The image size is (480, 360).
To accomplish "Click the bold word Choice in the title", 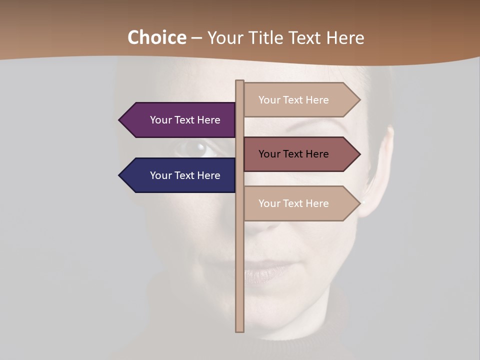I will (156, 37).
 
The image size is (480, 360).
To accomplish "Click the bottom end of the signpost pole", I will (239, 329).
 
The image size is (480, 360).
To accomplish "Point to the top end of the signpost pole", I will (239, 82).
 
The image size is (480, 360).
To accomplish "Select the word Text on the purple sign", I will (184, 120).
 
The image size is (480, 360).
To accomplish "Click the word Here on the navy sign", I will (208, 175).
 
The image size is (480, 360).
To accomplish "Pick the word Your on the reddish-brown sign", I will (269, 154).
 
